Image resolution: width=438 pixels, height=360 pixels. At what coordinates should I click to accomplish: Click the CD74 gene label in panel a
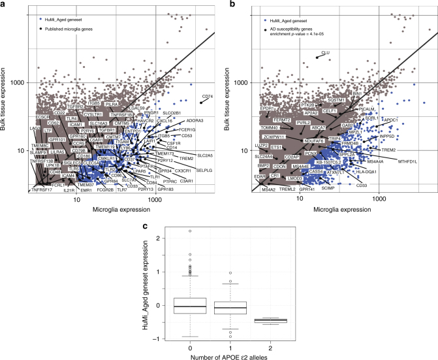(x=208, y=97)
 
